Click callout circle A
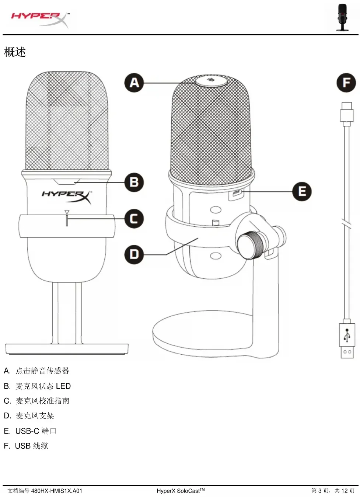[134, 83]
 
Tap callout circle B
[134, 182]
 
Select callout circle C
[134, 219]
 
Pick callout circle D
[134, 254]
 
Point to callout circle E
[302, 191]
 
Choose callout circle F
[346, 83]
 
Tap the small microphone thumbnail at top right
[342, 17]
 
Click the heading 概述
[15, 52]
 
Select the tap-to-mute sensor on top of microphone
[211, 80]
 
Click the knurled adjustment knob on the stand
[249, 245]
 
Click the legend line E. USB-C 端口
[30, 431]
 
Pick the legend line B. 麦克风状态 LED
[37, 386]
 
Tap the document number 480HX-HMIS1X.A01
[57, 491]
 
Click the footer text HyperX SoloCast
[180, 491]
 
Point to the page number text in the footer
[333, 491]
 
